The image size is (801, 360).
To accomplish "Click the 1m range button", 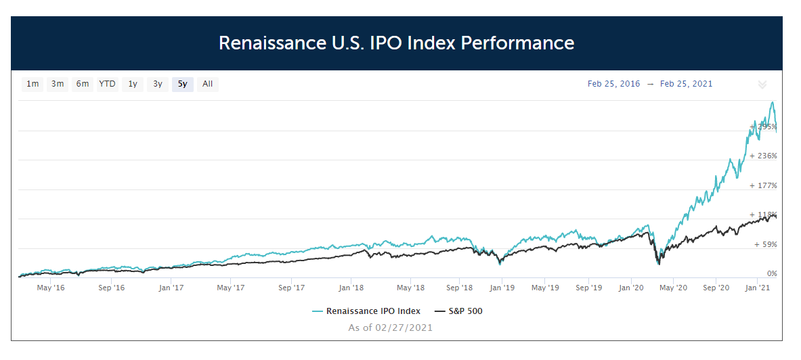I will click(x=33, y=84).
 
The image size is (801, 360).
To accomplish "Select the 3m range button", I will click(x=58, y=84).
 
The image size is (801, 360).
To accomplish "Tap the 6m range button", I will click(x=83, y=84).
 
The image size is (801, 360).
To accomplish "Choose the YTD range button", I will click(x=108, y=84).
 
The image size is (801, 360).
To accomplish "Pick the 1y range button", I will click(x=133, y=84).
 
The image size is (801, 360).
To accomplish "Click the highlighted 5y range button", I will click(x=183, y=84).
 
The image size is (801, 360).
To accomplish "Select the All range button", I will click(x=207, y=84).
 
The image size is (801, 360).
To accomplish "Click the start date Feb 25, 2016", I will click(x=613, y=84).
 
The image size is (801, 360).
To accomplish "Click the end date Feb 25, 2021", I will click(x=686, y=84).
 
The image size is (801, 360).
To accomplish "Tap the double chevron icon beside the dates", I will click(x=762, y=85).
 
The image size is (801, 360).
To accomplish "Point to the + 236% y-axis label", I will click(x=763, y=156).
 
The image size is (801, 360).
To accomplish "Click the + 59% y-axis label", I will click(x=766, y=244).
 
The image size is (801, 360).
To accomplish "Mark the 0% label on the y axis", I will click(x=772, y=273).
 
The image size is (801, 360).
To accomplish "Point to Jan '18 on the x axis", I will click(x=351, y=288).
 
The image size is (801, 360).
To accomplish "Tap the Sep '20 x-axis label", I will click(x=716, y=288).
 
